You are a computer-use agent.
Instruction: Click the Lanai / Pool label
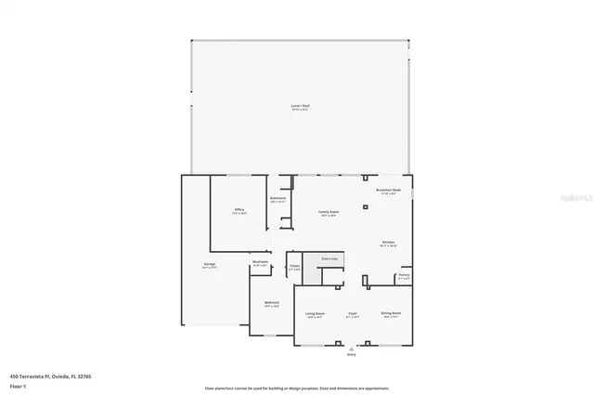coord(298,108)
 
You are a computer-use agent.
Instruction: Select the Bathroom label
coord(278,198)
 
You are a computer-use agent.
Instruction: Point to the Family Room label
coord(329,212)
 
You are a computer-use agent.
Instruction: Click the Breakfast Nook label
coord(388,191)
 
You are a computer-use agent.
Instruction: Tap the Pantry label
coord(404,275)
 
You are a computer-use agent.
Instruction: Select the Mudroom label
coord(260,262)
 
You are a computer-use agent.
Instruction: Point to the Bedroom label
coord(271,303)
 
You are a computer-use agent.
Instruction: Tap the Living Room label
coord(315,314)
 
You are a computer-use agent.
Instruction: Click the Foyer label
coord(352,314)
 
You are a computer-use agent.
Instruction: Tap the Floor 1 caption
coord(18,385)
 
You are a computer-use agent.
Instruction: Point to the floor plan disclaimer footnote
coord(297,389)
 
